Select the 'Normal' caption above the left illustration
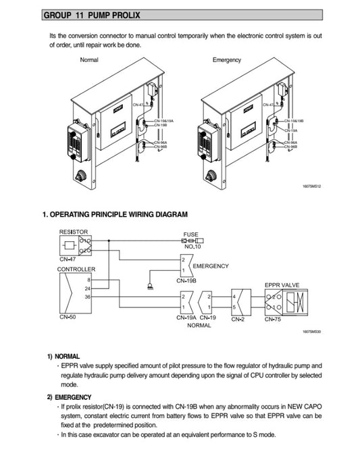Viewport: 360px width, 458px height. click(89, 60)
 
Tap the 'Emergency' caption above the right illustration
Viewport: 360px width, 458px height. click(227, 60)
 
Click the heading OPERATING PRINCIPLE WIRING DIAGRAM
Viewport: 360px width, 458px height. click(115, 215)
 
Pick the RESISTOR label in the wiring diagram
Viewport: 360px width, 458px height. click(74, 232)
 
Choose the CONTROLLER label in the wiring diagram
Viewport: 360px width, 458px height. click(76, 269)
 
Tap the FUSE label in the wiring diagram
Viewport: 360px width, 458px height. click(190, 234)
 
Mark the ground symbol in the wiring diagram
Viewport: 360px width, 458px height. click(150, 286)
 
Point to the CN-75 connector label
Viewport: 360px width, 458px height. click(272, 319)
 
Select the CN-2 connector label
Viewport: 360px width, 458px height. click(238, 319)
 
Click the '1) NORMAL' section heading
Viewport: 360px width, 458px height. click(63, 356)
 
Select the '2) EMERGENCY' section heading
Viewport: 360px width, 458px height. click(70, 397)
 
